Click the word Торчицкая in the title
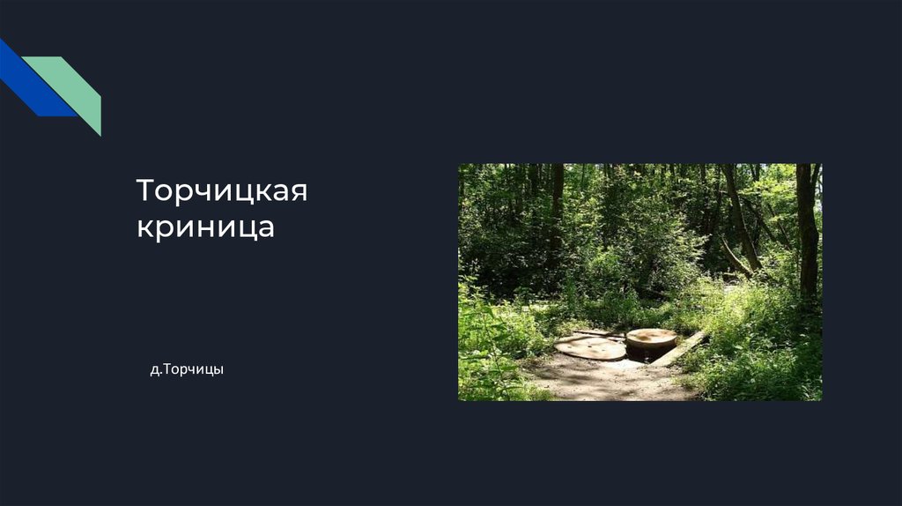[221, 190]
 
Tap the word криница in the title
[205, 226]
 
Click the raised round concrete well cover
[651, 337]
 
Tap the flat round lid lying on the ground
[591, 347]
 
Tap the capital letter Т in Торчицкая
[145, 190]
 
